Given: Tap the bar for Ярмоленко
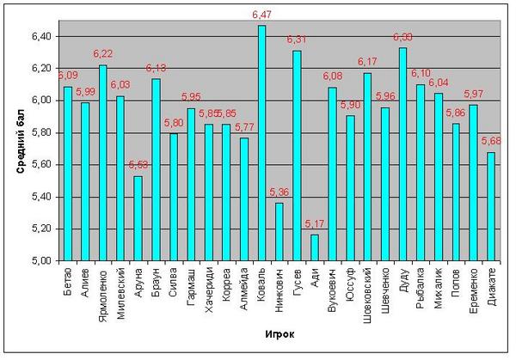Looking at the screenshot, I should click(102, 162).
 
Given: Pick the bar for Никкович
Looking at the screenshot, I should click(279, 231).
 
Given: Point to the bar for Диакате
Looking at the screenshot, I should click(490, 206).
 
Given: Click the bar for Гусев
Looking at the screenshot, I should click(297, 156).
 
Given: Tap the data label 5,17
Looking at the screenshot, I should click(314, 224).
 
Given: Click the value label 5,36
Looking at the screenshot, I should click(279, 192).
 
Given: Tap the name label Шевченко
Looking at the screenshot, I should click(385, 289).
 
